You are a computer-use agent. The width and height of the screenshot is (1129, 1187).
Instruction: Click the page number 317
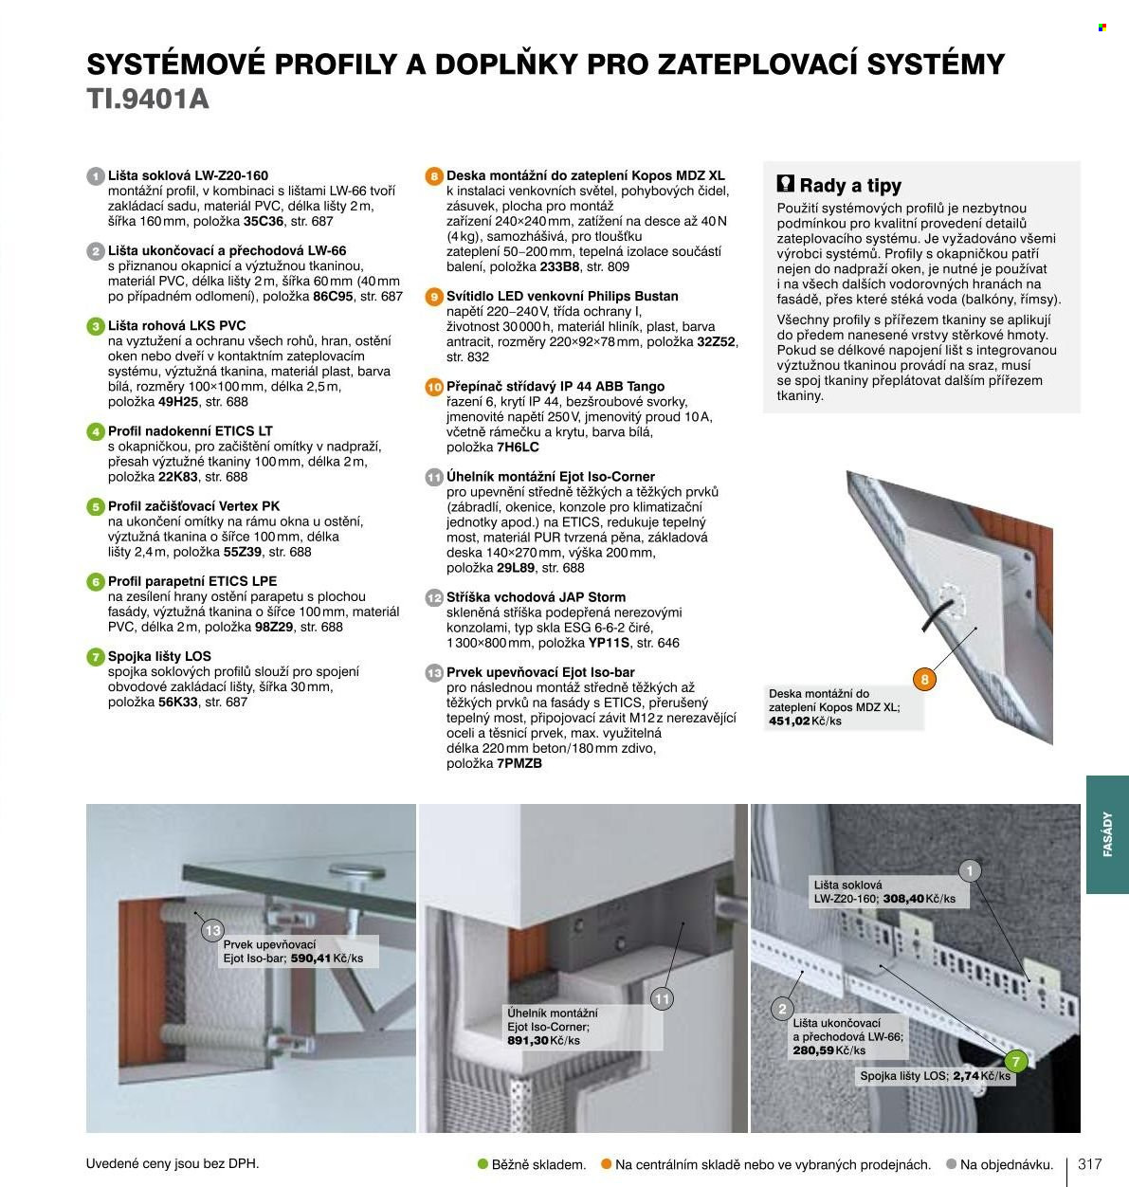click(x=1090, y=1164)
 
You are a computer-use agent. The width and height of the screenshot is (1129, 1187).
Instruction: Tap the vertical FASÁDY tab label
click(x=1107, y=834)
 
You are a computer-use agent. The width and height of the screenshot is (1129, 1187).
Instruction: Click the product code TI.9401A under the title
click(x=148, y=99)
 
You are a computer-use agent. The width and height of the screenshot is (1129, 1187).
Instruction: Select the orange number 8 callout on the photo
click(x=924, y=680)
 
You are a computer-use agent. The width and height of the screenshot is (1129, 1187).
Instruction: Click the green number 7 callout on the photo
click(x=1015, y=1062)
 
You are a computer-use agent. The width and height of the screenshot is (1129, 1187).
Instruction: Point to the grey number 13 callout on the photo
click(x=212, y=930)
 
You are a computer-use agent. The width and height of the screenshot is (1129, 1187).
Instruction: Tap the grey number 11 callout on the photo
click(x=663, y=999)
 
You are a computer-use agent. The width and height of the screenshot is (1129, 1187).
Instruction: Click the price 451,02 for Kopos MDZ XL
click(x=789, y=721)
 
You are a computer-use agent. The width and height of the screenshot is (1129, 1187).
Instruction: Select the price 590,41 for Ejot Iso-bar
click(x=311, y=959)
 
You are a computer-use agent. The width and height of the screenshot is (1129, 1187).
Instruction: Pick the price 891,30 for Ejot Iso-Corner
click(x=528, y=1040)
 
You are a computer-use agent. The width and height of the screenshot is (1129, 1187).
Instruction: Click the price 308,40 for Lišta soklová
click(x=903, y=899)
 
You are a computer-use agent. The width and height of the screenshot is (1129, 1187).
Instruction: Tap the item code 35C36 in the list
click(x=264, y=221)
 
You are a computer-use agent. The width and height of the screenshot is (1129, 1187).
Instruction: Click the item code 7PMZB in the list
click(x=519, y=763)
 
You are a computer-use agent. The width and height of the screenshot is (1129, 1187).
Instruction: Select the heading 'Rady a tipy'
click(x=850, y=186)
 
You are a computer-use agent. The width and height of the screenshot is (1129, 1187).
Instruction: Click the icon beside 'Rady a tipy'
click(x=786, y=184)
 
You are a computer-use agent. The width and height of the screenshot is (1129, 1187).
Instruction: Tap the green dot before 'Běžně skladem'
click(x=483, y=1163)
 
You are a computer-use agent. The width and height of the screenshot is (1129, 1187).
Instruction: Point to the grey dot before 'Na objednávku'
click(x=951, y=1163)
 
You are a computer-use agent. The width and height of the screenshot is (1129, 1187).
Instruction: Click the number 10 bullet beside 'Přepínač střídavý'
click(x=434, y=387)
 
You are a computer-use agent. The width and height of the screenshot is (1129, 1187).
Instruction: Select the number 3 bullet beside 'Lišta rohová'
click(x=96, y=327)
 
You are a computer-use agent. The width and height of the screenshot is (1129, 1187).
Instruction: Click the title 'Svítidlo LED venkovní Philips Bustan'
click(x=562, y=297)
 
